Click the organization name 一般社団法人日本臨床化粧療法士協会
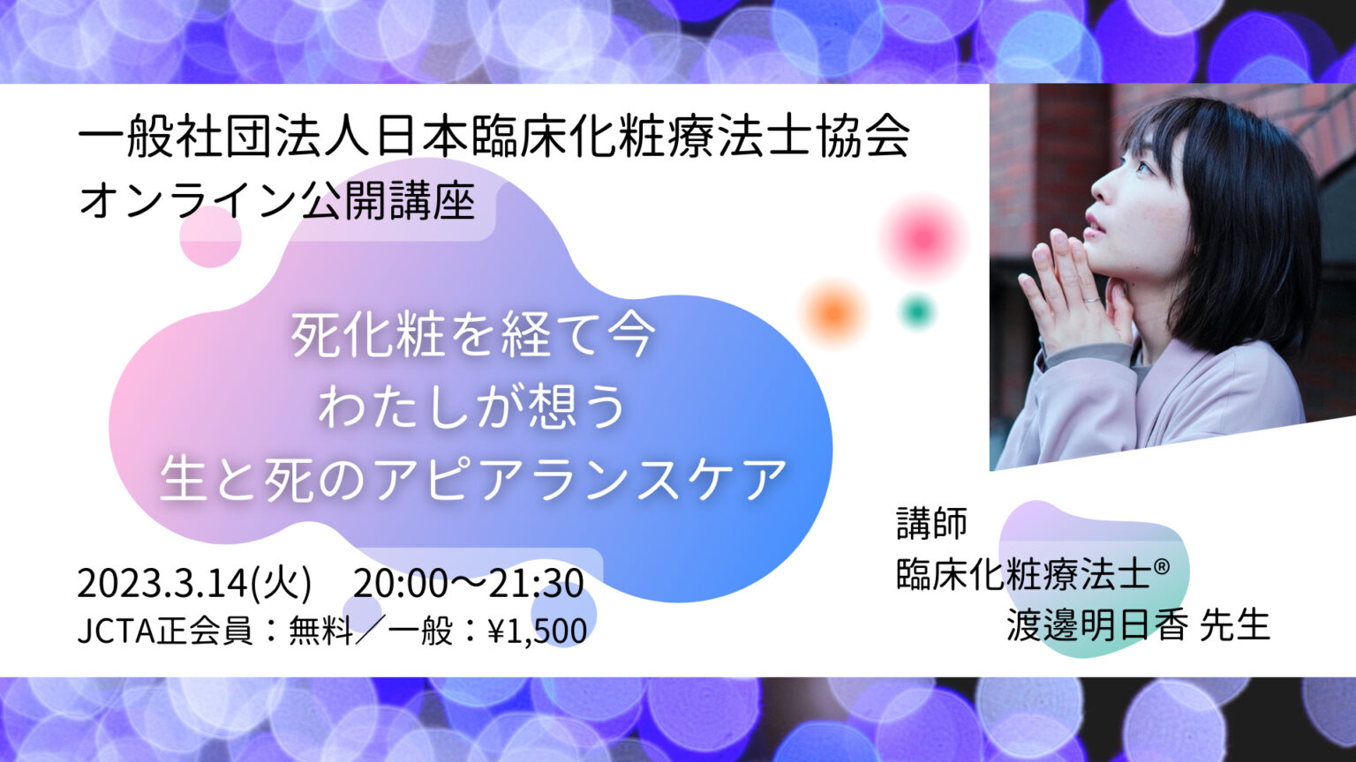494,138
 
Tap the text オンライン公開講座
277,201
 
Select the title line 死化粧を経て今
473,336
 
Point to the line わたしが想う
473,407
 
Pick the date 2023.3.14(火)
194,584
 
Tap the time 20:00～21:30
469,584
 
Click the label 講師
931,523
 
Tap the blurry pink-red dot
923,236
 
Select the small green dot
917,310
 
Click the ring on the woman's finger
1091,301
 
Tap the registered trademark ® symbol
1162,566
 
